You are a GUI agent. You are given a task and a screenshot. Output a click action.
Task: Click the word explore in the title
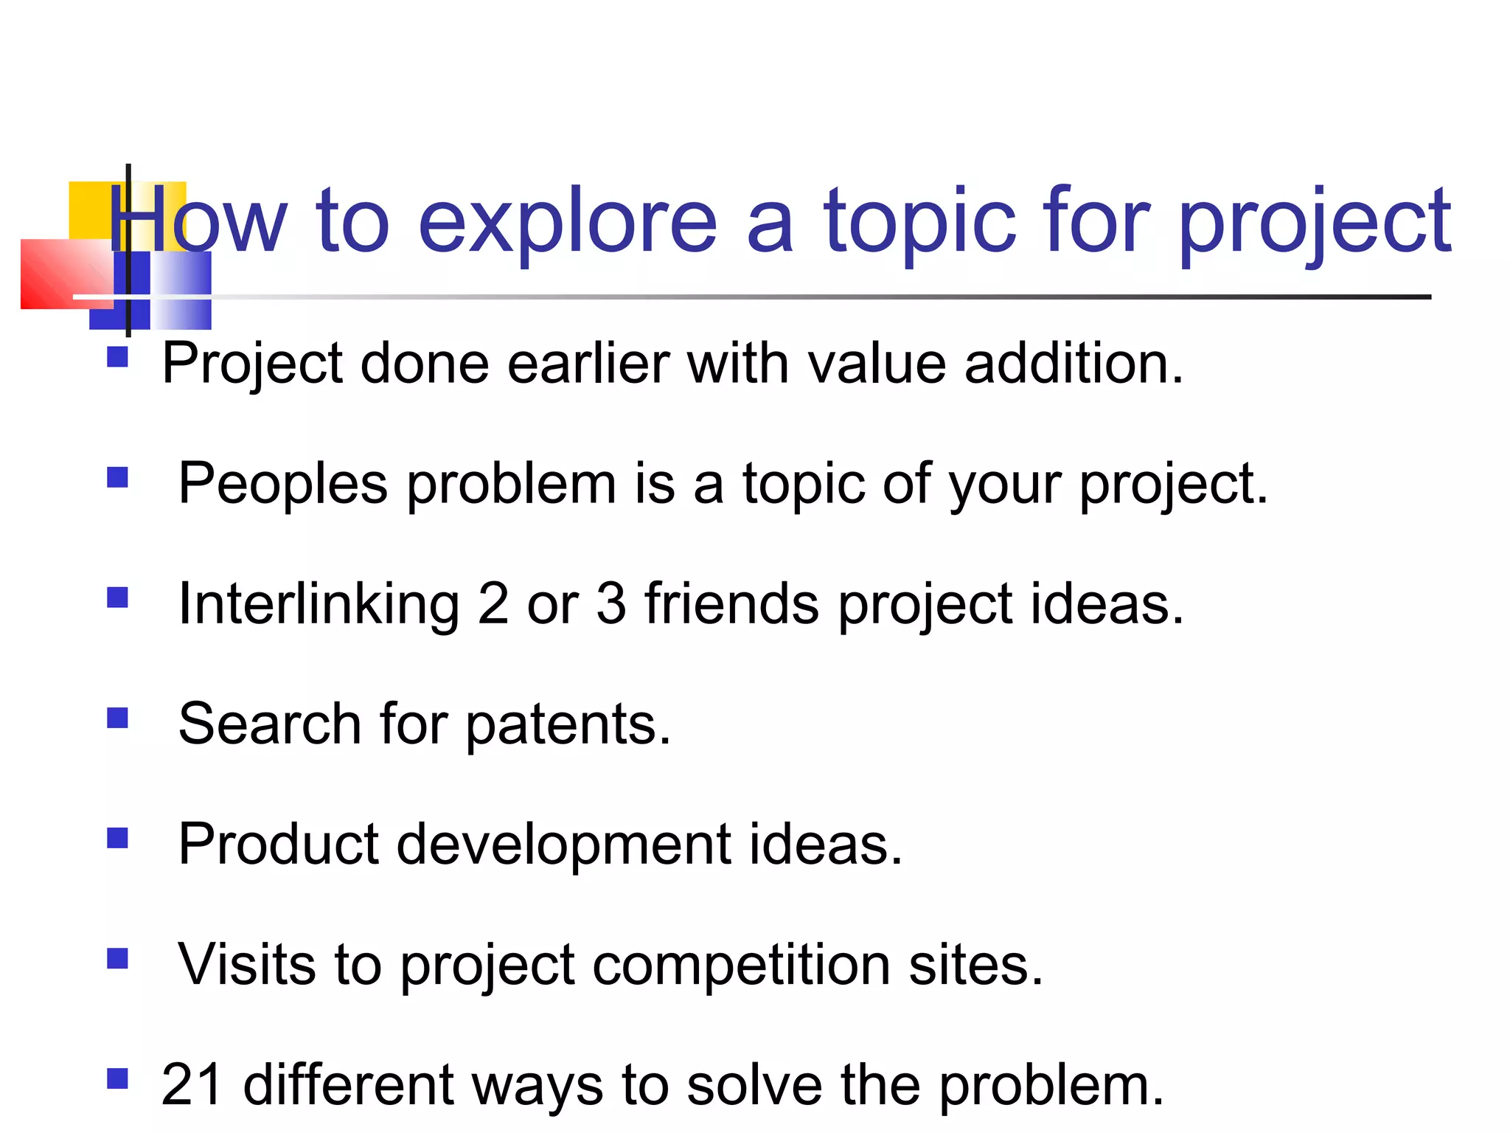(568, 221)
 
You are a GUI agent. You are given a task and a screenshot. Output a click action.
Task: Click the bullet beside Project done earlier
(118, 358)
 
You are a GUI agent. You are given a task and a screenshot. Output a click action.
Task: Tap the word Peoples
(283, 484)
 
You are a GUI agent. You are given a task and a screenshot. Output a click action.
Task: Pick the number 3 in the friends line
(610, 604)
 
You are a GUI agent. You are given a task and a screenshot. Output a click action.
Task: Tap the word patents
(568, 725)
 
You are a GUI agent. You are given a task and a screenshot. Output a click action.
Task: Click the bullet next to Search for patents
(118, 718)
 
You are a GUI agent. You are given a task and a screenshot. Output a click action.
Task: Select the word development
(564, 845)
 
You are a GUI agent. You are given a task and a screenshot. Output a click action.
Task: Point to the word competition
(741, 966)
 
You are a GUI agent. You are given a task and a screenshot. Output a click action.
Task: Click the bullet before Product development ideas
(118, 838)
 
